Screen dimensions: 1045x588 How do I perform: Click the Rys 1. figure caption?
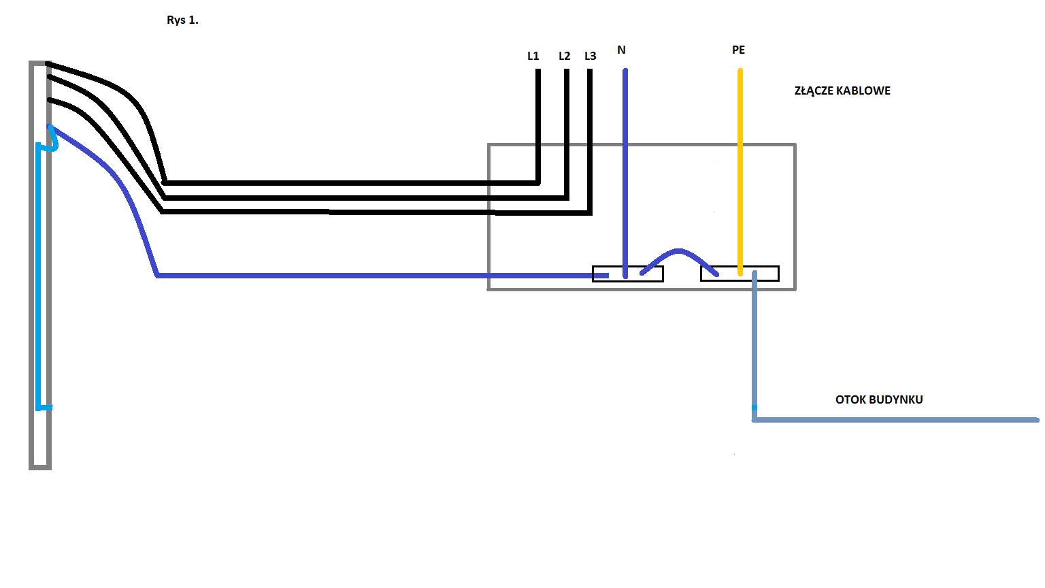coord(182,20)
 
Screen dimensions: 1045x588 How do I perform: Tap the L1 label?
coord(533,56)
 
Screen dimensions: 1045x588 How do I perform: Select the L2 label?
coord(565,56)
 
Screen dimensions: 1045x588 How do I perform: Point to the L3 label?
coord(590,56)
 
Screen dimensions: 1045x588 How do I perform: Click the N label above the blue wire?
coord(621,50)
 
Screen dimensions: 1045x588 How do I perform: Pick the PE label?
coord(738,50)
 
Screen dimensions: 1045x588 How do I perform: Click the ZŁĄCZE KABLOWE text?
coord(842,91)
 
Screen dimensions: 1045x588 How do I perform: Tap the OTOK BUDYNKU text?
coord(879,399)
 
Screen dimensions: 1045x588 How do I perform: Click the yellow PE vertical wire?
coord(740,171)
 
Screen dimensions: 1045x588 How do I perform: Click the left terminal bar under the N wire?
coord(628,274)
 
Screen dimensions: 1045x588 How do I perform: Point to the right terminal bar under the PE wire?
coord(740,274)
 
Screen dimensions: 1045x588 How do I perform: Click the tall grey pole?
coord(40,265)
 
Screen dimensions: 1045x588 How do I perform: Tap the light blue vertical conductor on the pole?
coord(38,276)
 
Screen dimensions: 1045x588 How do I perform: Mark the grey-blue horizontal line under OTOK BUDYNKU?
coord(896,420)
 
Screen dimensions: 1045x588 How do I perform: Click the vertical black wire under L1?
coord(538,126)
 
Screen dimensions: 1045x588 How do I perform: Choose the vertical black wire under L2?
coord(566,134)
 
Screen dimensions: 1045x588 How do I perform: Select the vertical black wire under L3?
coord(590,142)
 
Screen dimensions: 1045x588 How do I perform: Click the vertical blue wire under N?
coord(625,173)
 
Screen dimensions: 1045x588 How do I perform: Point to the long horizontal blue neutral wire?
coord(382,276)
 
